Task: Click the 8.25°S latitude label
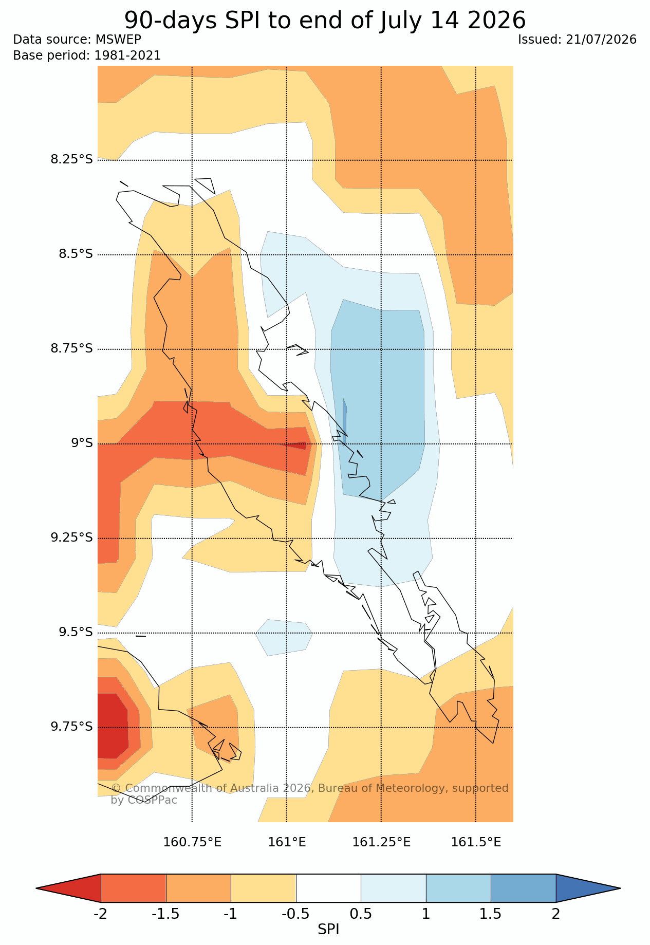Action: coord(71,159)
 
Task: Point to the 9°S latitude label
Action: coord(82,443)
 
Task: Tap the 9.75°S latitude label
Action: coord(71,727)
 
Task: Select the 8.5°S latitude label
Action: coord(76,254)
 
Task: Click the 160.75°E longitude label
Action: coord(192,842)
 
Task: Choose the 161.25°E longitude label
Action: coord(381,842)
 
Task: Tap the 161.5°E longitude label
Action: coord(476,842)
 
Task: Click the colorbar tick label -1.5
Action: coord(165,914)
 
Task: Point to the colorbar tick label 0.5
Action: coord(361,914)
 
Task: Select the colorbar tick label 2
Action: coord(556,914)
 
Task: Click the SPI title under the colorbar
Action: coord(328,930)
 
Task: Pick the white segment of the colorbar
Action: coord(328,888)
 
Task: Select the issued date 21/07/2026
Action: coord(601,40)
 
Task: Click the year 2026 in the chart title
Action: coord(497,21)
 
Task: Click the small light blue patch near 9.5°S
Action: coord(284,637)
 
